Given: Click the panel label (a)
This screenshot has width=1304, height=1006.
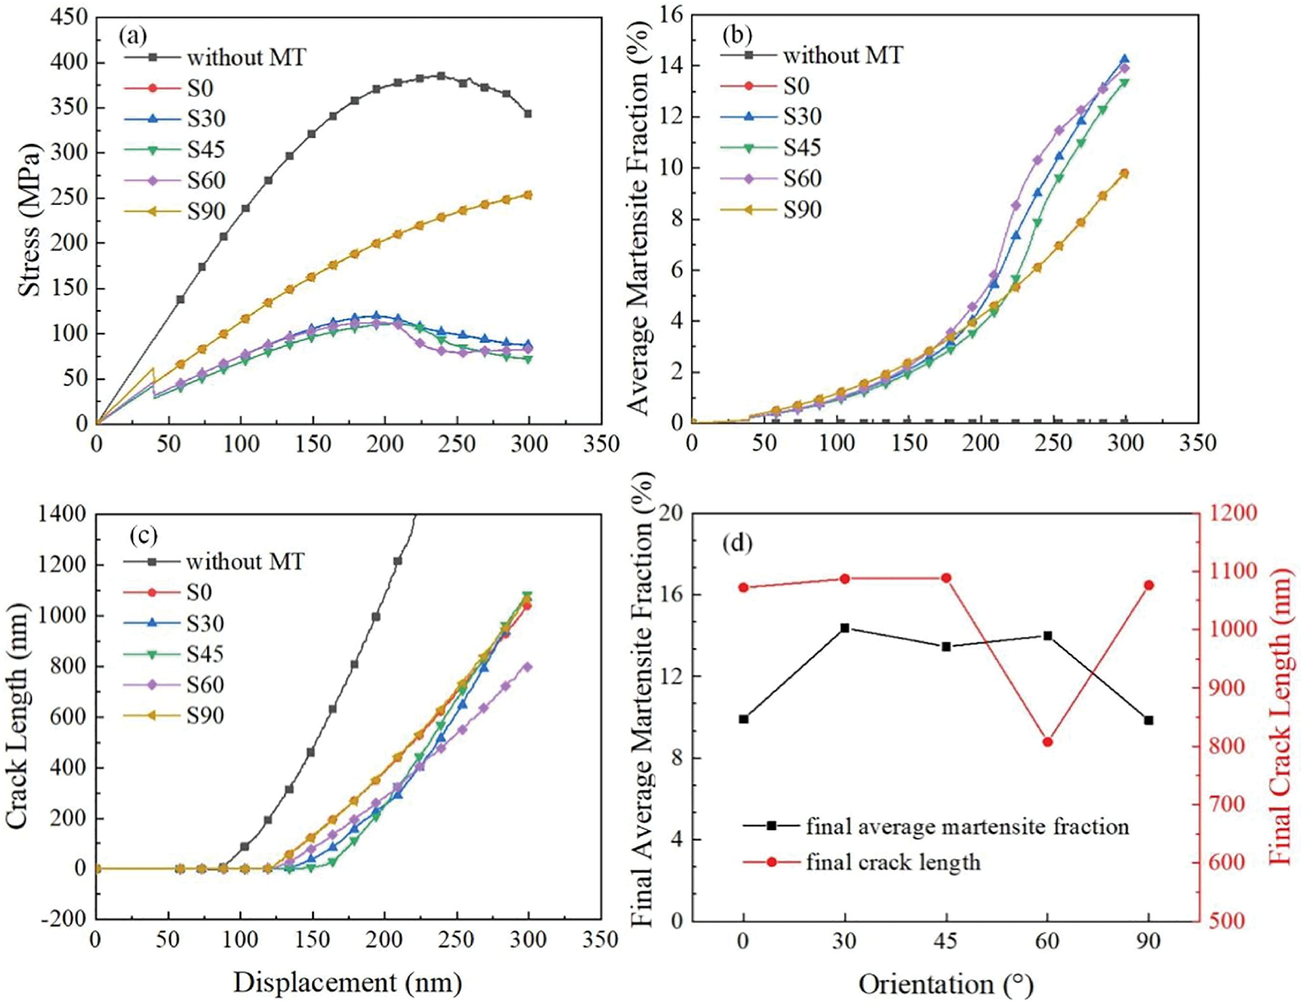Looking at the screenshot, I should (x=133, y=34).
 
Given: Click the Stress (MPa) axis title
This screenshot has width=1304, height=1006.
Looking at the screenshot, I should (x=30, y=220).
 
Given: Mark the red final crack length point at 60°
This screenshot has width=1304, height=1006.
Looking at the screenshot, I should (x=1048, y=742).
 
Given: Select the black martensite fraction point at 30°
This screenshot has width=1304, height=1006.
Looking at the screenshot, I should (x=845, y=628).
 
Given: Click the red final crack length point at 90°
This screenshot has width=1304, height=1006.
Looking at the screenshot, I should (x=1149, y=585).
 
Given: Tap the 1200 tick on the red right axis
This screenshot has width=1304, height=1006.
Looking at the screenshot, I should (x=1232, y=513).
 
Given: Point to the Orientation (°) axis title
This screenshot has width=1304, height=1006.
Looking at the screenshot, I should (x=946, y=984).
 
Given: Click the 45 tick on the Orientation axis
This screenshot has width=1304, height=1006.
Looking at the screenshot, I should (x=946, y=941).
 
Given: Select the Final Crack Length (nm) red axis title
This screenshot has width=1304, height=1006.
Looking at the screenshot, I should (x=1279, y=716).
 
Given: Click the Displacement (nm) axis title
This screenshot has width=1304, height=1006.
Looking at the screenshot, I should (x=348, y=982).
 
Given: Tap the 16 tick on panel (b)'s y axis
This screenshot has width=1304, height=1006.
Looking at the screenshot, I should (x=670, y=15).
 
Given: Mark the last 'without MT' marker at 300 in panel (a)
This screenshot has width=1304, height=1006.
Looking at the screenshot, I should (x=528, y=114).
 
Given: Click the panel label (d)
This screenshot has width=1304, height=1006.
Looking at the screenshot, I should (x=737, y=543).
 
